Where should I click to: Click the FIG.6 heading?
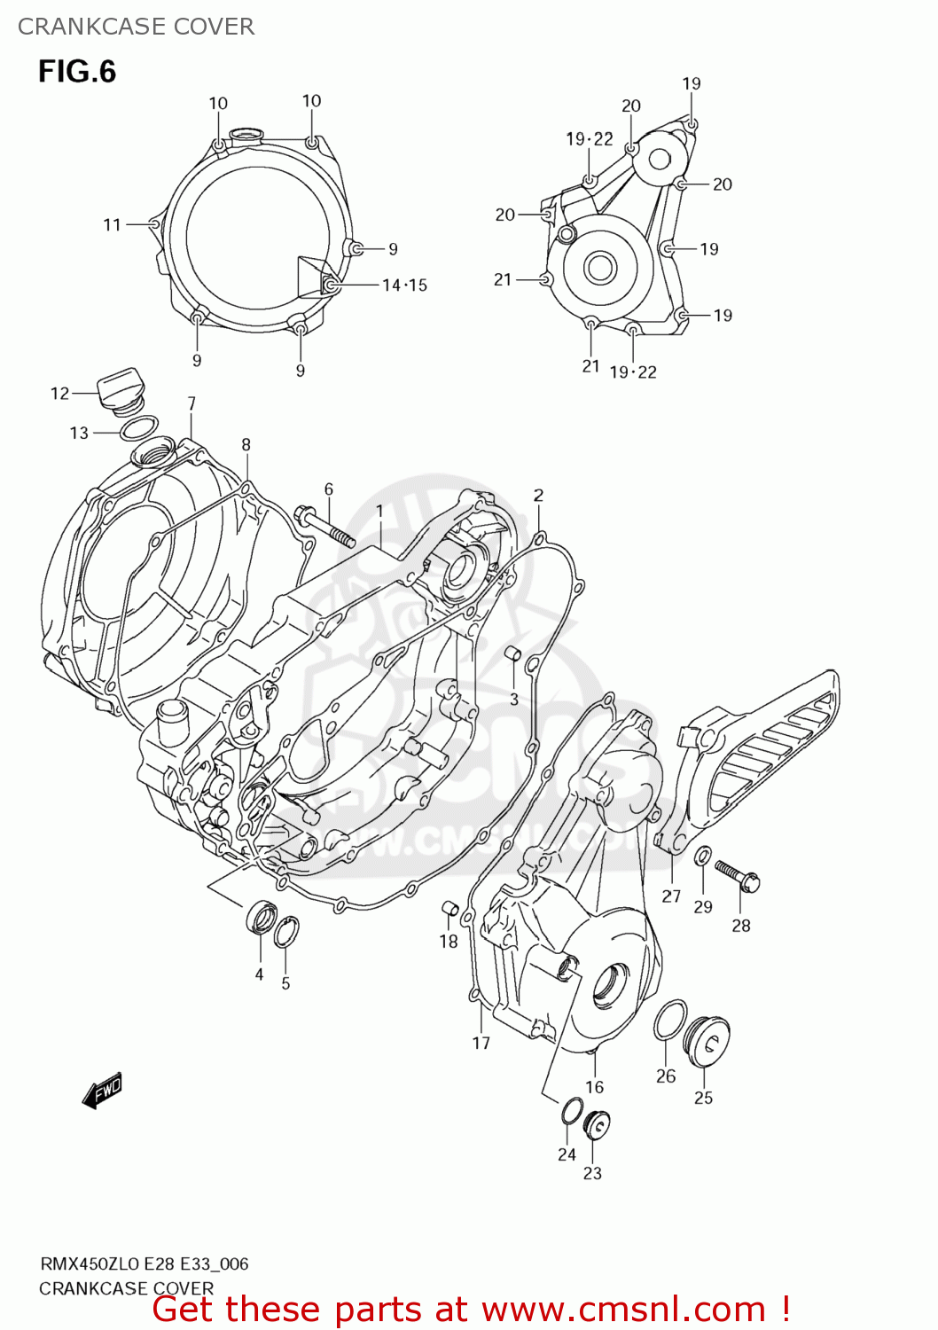pyautogui.click(x=77, y=72)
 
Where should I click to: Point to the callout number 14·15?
pyautogui.click(x=404, y=286)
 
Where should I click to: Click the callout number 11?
pyautogui.click(x=112, y=225)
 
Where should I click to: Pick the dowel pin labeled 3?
pyautogui.click(x=512, y=654)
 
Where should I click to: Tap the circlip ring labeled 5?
pyautogui.click(x=285, y=932)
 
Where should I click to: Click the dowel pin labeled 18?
pyautogui.click(x=449, y=908)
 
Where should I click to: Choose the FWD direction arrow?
pyautogui.click(x=102, y=1091)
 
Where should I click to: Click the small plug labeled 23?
pyautogui.click(x=597, y=1125)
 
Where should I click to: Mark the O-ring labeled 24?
pyautogui.click(x=572, y=1110)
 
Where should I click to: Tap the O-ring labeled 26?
pyautogui.click(x=670, y=1021)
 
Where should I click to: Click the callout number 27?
pyautogui.click(x=671, y=896)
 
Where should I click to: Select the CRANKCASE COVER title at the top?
pyautogui.click(x=136, y=27)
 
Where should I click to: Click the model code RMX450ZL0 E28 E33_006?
pyautogui.click(x=144, y=1263)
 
